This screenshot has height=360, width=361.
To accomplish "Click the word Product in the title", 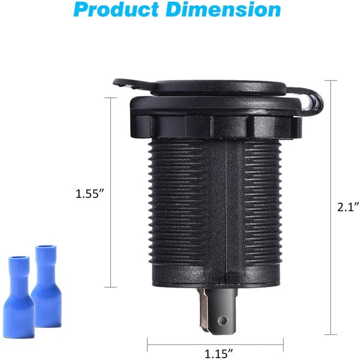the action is pyautogui.click(x=116, y=9).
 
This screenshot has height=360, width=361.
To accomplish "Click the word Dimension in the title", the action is pyautogui.click(x=224, y=9).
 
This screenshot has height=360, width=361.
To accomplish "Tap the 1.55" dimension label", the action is pyautogui.click(x=90, y=194).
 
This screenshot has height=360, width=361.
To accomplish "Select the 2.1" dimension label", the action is pyautogui.click(x=348, y=207).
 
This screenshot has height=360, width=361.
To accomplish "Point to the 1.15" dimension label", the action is pyautogui.click(x=219, y=353).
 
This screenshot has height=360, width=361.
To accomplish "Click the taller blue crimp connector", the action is pyautogui.click(x=46, y=286).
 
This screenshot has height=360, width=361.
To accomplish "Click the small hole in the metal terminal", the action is pyautogui.click(x=222, y=320).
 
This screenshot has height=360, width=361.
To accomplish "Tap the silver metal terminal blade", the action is pyautogui.click(x=204, y=310).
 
